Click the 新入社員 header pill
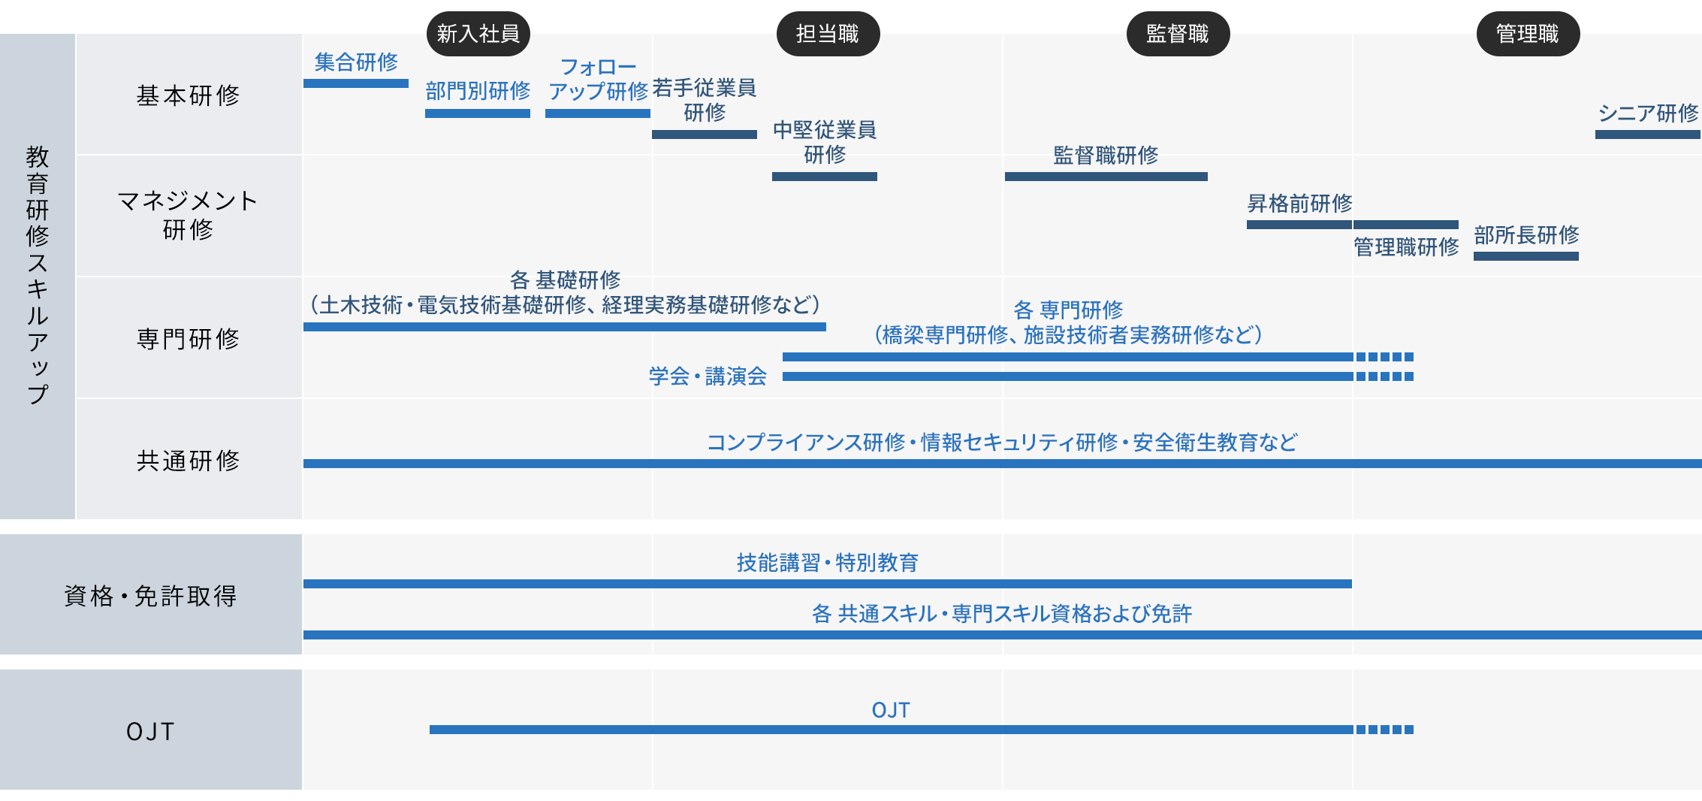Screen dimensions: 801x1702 pos(478,34)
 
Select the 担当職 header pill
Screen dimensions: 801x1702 pos(828,34)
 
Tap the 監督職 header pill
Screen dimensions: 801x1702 pos(1178,34)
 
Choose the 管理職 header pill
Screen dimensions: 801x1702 pos(1528,34)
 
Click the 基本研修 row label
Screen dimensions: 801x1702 pos(189,95)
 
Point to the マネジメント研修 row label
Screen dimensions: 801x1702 pos(189,215)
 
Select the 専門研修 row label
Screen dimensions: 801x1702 pos(189,339)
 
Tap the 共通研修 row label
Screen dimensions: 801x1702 pos(189,461)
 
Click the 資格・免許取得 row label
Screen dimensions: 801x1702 pos(151,596)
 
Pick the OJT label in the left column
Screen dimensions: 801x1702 pos(151,731)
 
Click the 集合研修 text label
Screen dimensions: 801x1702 pos(356,62)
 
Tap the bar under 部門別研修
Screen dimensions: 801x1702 pos(478,113)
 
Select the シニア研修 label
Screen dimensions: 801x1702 pos(1648,113)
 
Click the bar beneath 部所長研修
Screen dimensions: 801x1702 pos(1526,256)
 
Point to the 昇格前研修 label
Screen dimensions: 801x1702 pos(1300,203)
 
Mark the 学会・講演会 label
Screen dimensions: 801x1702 pos(708,376)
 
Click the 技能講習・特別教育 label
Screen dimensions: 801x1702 pos(828,562)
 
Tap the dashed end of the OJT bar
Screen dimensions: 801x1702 pos(1385,730)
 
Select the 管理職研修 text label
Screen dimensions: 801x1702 pos(1406,246)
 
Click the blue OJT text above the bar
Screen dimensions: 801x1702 pos(891,710)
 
